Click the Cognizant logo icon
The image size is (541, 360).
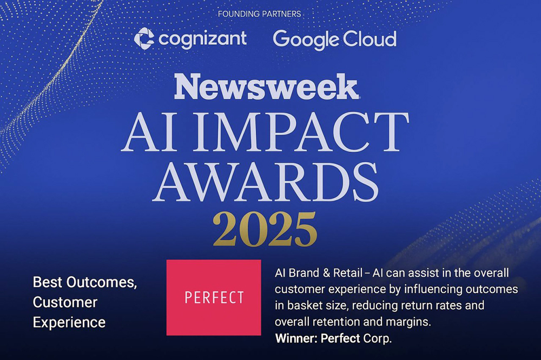pos(144,38)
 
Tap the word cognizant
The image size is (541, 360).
pos(202,38)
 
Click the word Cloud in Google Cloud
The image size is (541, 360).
pos(373,39)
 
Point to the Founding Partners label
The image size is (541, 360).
pos(259,14)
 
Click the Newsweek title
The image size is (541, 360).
pos(266,87)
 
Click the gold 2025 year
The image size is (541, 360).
pos(265,229)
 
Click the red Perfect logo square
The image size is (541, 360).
pos(213,297)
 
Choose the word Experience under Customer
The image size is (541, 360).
pos(69,322)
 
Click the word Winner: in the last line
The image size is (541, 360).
pos(296,339)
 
